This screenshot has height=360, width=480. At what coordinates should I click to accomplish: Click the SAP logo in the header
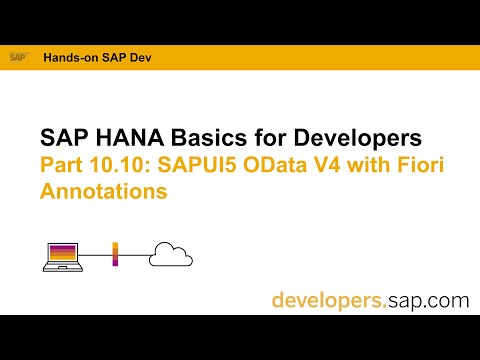[x=18, y=58]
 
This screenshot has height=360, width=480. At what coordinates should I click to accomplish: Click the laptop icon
[x=59, y=255]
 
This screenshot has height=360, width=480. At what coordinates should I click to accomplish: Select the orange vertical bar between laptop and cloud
[x=116, y=254]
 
